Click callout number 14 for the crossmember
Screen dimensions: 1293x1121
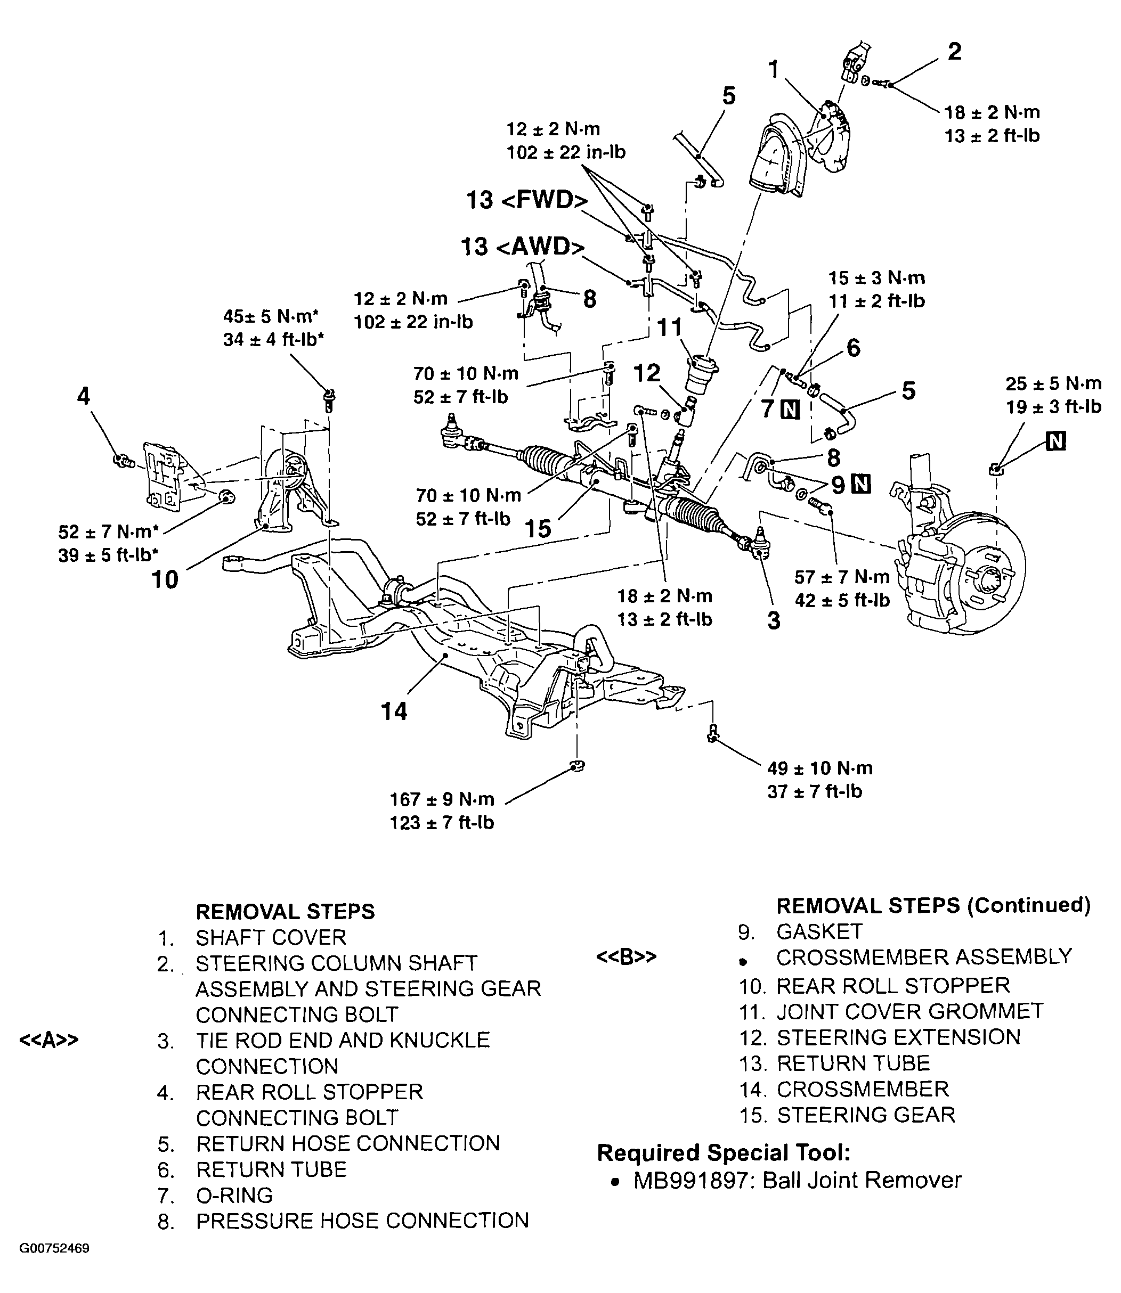394,711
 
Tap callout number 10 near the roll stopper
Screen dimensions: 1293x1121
165,579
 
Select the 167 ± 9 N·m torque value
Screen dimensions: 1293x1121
442,799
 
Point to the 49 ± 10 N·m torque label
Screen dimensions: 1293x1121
819,768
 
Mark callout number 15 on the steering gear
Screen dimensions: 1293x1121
538,528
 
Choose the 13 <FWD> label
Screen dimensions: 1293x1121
527,201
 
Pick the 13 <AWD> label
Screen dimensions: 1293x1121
522,247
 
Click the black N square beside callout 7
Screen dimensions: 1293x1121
791,410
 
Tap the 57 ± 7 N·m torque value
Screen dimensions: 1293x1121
842,577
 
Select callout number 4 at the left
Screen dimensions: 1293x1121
83,396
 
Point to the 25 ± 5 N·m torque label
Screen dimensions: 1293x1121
1053,383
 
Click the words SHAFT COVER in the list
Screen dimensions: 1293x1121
270,937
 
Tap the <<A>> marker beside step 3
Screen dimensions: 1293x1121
49,1041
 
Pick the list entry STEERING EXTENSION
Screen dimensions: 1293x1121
898,1037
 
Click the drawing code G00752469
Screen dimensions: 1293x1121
54,1266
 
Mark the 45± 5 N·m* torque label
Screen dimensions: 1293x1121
273,316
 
